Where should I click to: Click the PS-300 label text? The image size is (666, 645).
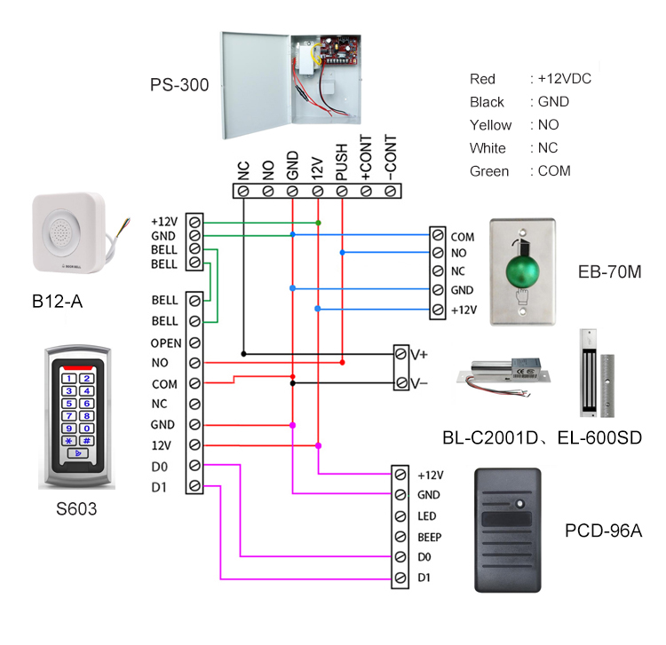pyautogui.click(x=179, y=86)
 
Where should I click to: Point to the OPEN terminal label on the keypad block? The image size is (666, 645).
pyautogui.click(x=166, y=342)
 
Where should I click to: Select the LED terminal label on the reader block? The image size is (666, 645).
pyautogui.click(x=425, y=515)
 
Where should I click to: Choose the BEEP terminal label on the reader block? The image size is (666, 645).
pyautogui.click(x=429, y=537)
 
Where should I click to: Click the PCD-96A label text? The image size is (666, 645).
pyautogui.click(x=604, y=531)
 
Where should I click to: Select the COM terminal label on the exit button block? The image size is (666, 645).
pyautogui.click(x=462, y=238)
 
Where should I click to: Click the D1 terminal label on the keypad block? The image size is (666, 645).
pyautogui.click(x=160, y=485)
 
